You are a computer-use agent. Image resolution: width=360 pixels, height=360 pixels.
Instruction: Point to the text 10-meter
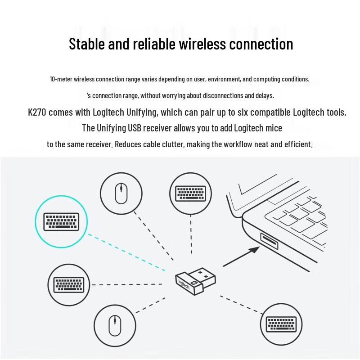point(61,79)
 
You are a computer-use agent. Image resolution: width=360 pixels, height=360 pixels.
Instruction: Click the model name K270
point(37,112)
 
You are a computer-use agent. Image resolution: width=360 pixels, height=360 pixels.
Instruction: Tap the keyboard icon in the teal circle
point(60,221)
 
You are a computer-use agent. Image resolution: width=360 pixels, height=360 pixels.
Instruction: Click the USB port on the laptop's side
point(269,242)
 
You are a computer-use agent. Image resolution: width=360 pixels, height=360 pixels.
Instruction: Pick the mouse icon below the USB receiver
point(116,324)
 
